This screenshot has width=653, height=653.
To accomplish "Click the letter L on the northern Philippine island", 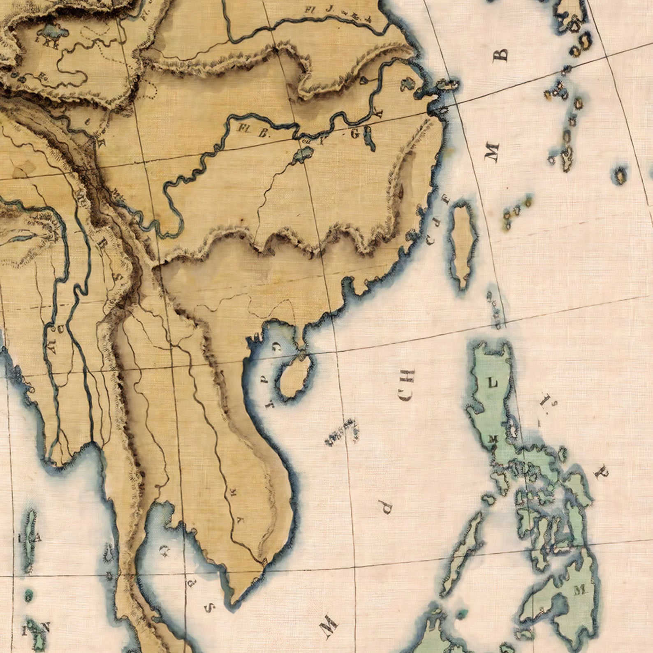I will coord(492,383).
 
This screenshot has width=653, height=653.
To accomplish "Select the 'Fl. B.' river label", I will coord(250,130).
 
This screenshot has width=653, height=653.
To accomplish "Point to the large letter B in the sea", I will coord(502,54).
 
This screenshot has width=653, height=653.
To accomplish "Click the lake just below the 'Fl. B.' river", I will coord(303,155).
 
